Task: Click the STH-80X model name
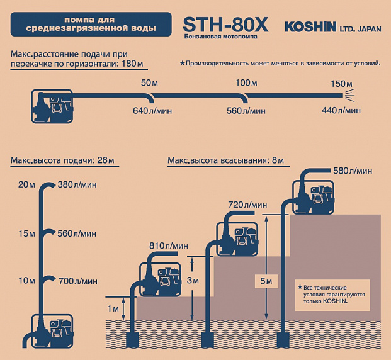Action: point(225,25)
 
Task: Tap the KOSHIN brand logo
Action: point(310,27)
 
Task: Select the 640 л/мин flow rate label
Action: point(152,111)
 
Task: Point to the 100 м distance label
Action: point(246,83)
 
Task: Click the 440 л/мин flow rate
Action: point(341,110)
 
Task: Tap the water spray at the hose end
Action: point(349,95)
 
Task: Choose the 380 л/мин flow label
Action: point(77,185)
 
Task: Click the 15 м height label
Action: point(26,233)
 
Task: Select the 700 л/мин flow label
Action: point(78,281)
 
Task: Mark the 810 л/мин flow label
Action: point(169,246)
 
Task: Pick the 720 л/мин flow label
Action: point(247,205)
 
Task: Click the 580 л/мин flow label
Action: point(353,171)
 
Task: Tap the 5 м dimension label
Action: point(266,281)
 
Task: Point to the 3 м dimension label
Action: point(193,281)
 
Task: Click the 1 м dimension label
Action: point(113,309)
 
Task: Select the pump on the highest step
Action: point(313,196)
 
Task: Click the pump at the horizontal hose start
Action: point(52,106)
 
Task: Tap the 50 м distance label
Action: point(149,83)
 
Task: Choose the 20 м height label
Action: point(26,185)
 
